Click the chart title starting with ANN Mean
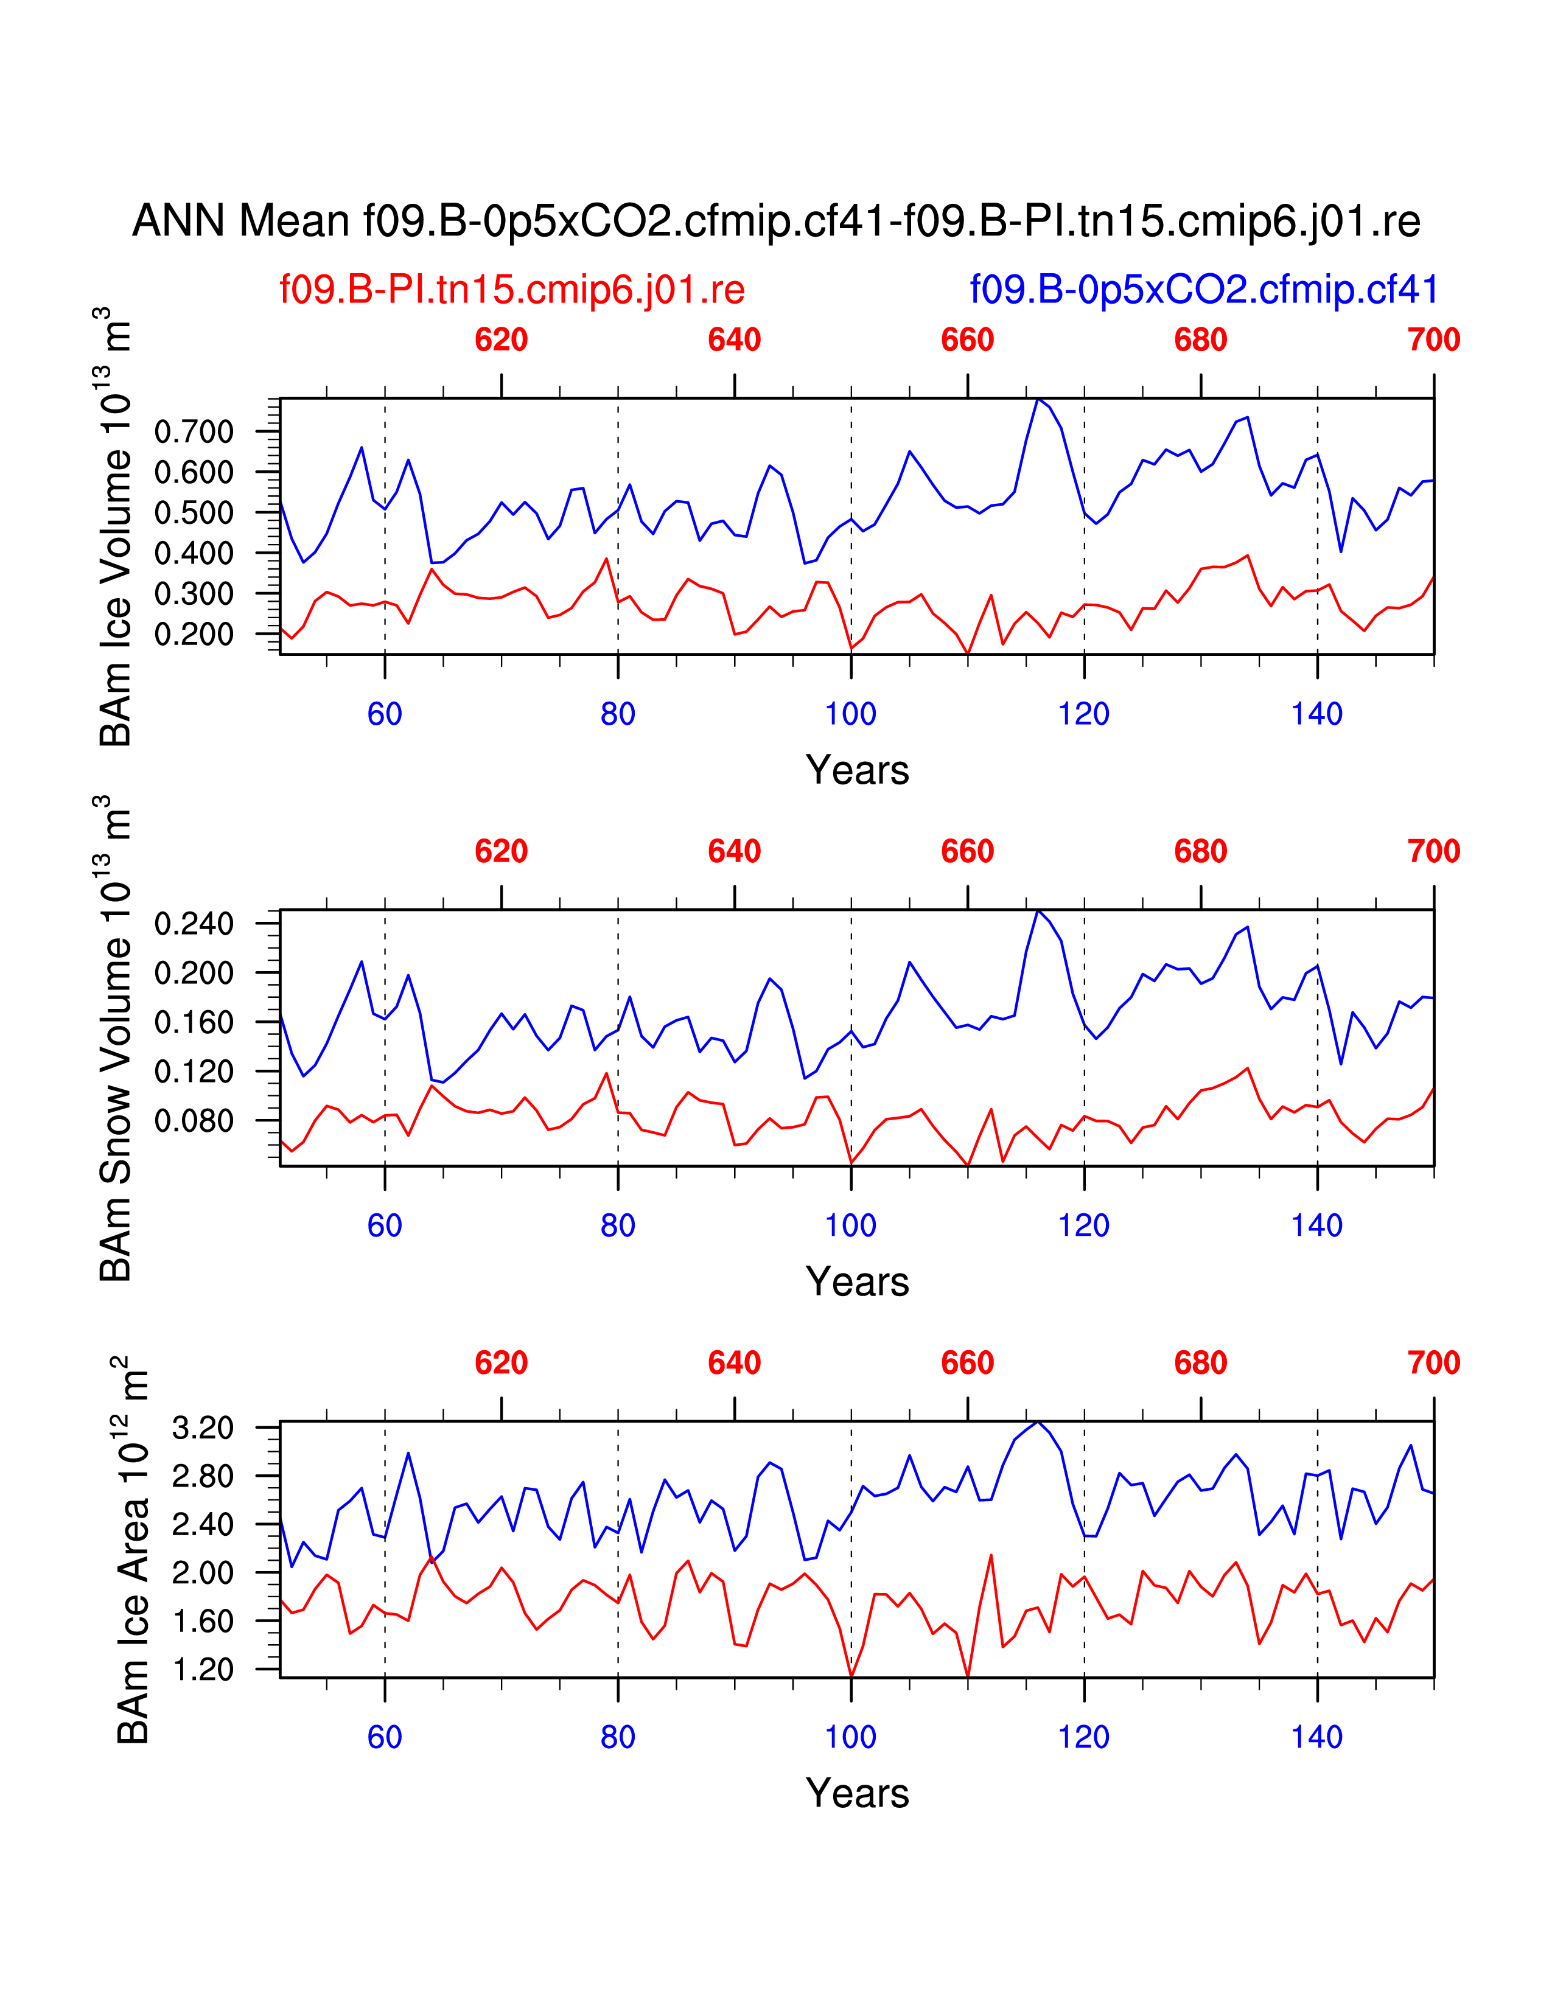[776, 221]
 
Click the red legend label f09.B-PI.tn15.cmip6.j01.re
[512, 290]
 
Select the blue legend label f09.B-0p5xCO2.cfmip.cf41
[1203, 290]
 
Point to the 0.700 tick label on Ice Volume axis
[194, 431]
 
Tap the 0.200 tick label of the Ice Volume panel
[194, 635]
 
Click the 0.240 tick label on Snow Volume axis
[194, 923]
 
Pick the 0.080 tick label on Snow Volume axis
[194, 1121]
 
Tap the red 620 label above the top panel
[501, 340]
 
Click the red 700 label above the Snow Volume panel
[1433, 851]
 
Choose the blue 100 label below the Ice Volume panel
[850, 714]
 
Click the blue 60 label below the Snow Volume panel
[384, 1225]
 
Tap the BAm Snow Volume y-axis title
[116, 1039]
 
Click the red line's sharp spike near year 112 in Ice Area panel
[991, 1555]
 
